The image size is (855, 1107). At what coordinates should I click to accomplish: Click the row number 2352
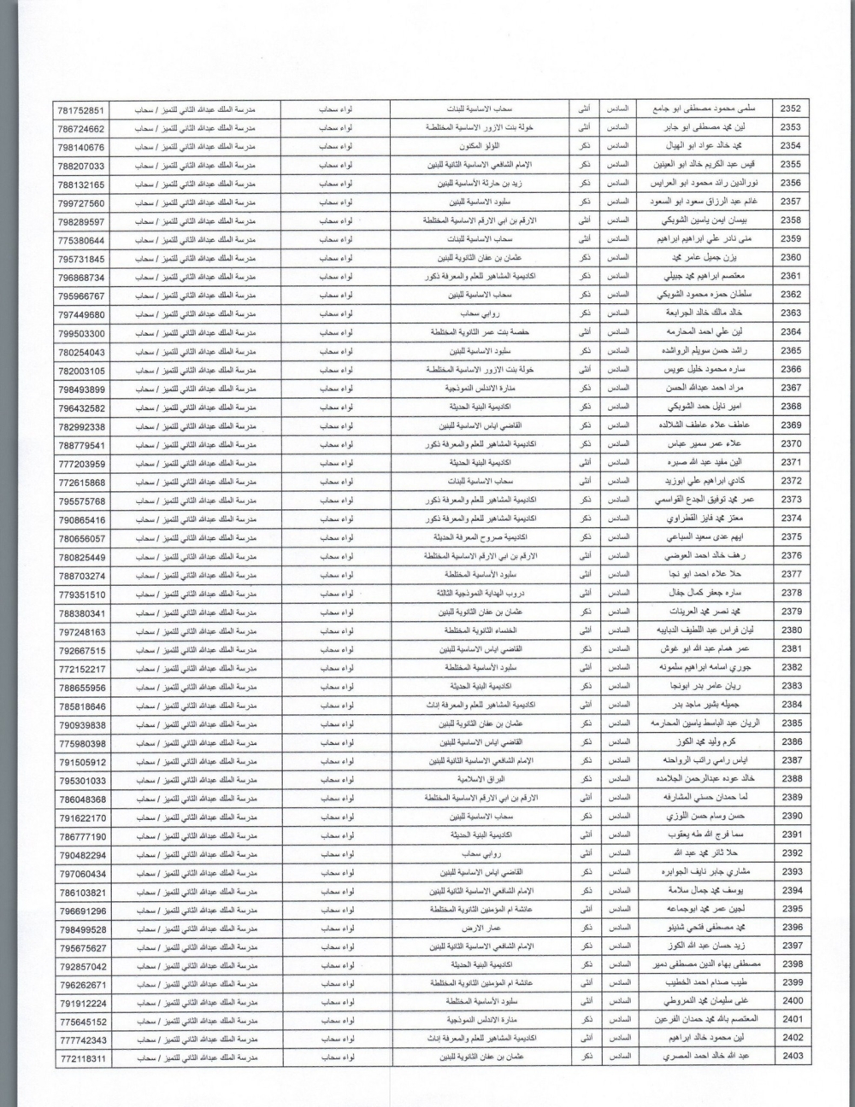coord(791,109)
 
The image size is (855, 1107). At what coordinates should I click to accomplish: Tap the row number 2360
coord(791,258)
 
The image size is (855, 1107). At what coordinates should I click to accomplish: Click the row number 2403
coord(792,1057)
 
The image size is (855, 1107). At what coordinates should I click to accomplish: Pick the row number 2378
coord(791,593)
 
